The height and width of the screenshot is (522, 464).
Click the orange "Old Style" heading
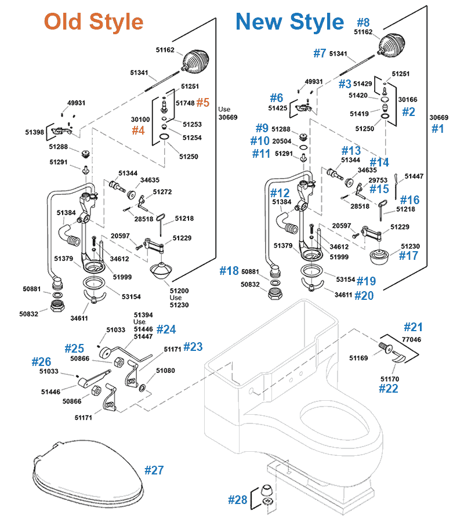click(x=93, y=22)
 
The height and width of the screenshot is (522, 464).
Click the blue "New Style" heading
click(x=289, y=22)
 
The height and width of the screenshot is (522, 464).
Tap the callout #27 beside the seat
click(x=154, y=470)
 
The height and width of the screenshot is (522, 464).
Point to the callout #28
click(x=237, y=499)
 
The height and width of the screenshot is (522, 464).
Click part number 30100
click(x=140, y=119)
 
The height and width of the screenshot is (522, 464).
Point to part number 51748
click(x=185, y=103)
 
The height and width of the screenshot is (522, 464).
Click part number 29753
click(x=378, y=180)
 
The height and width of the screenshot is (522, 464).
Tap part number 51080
click(x=165, y=370)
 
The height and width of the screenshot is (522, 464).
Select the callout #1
click(x=438, y=129)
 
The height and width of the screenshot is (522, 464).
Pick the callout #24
click(x=166, y=329)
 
